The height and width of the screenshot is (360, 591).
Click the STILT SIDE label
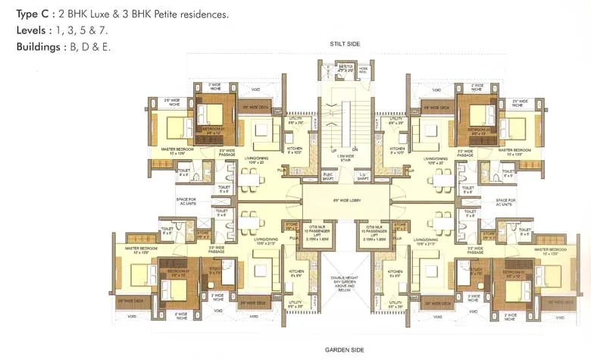[x=345, y=45]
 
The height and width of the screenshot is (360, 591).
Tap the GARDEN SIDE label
[x=345, y=349]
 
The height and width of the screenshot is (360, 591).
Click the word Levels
[x=33, y=30]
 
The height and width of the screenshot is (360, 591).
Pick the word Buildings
[x=38, y=46]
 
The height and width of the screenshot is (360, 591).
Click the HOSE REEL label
[x=364, y=70]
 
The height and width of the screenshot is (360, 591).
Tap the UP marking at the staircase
[x=333, y=150]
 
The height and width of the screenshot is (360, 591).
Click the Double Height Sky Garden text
[x=345, y=283]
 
